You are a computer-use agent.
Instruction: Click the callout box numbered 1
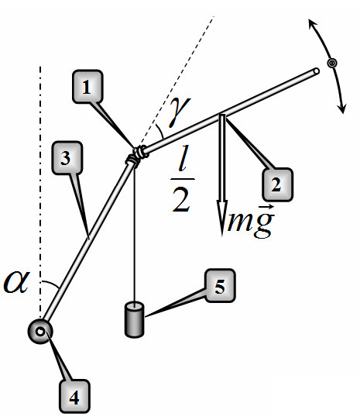(x=87, y=86)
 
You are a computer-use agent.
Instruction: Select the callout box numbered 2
(x=277, y=184)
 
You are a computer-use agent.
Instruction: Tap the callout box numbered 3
(x=67, y=158)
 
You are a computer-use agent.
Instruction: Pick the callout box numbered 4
(x=74, y=397)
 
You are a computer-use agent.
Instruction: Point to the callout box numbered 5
(x=220, y=286)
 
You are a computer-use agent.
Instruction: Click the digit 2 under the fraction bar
(x=181, y=200)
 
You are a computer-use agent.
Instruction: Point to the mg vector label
(x=251, y=221)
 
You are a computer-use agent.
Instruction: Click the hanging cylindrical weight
(x=135, y=319)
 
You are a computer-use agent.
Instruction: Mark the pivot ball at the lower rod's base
(x=40, y=332)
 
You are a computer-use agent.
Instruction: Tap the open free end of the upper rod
(x=316, y=71)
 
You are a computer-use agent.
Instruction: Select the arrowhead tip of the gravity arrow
(x=222, y=236)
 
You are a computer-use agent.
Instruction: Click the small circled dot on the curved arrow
(x=332, y=64)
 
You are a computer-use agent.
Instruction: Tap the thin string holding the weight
(x=135, y=236)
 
